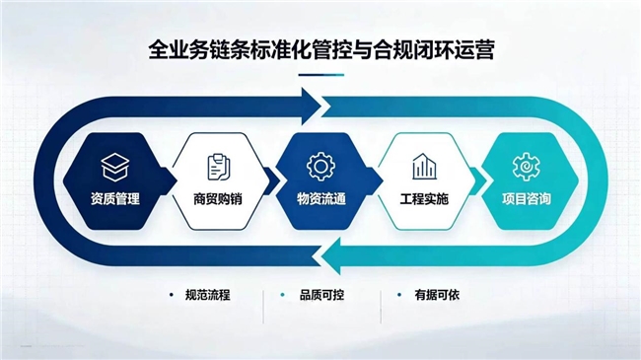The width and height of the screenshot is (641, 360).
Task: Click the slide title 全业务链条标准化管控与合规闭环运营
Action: [x=321, y=50]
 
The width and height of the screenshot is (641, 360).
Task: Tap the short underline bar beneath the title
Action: [x=321, y=75]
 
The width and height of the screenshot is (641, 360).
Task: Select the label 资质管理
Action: [x=115, y=199]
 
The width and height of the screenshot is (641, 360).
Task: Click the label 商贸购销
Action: [x=218, y=199]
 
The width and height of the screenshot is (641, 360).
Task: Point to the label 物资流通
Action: [x=321, y=199]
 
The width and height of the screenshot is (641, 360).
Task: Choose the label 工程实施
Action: [x=424, y=199]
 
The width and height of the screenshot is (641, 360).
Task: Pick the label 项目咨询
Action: [x=527, y=199]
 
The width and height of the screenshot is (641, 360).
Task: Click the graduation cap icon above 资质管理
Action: [x=115, y=168]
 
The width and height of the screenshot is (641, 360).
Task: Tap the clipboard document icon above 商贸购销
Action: [x=219, y=167]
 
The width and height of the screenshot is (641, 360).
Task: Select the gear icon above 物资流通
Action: [x=320, y=167]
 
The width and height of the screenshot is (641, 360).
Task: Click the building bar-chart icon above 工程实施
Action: [x=424, y=167]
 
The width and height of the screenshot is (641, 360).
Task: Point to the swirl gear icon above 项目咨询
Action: [x=527, y=167]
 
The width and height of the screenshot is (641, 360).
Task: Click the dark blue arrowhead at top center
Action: [x=312, y=107]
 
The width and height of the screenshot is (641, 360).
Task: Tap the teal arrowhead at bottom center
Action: [x=331, y=256]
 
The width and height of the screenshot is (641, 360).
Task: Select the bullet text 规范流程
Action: [x=208, y=295]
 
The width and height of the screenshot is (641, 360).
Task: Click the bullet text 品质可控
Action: [x=321, y=295]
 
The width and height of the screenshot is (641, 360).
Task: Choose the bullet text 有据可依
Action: [x=437, y=295]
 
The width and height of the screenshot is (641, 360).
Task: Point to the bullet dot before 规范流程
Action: [x=172, y=295]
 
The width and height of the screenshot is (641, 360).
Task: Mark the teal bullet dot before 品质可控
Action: [x=282, y=295]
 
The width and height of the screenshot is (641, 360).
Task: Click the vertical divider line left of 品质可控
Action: [x=263, y=307]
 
